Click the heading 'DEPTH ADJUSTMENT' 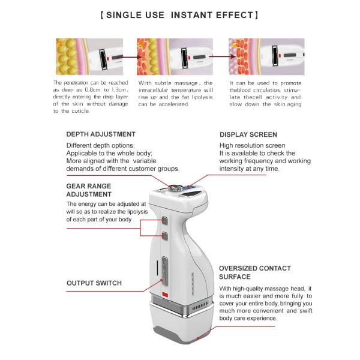pyautogui.click(x=100, y=134)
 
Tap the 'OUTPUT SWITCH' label pyautogui.click(x=94, y=283)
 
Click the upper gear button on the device pyautogui.click(x=164, y=220)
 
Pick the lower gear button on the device pyautogui.click(x=164, y=236)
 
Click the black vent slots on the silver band pyautogui.click(x=200, y=308)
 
